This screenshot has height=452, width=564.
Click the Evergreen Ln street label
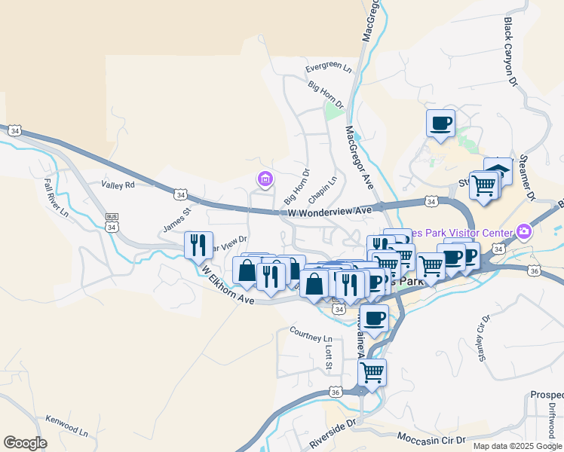click(329, 68)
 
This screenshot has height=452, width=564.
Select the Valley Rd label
click(118, 185)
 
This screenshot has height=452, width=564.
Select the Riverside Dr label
click(333, 435)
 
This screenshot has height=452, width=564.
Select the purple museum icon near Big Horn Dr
click(265, 179)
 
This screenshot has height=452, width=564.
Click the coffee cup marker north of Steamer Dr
click(440, 122)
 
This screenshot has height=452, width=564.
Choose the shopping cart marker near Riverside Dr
click(372, 371)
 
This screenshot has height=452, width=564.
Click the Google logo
click(25, 443)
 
